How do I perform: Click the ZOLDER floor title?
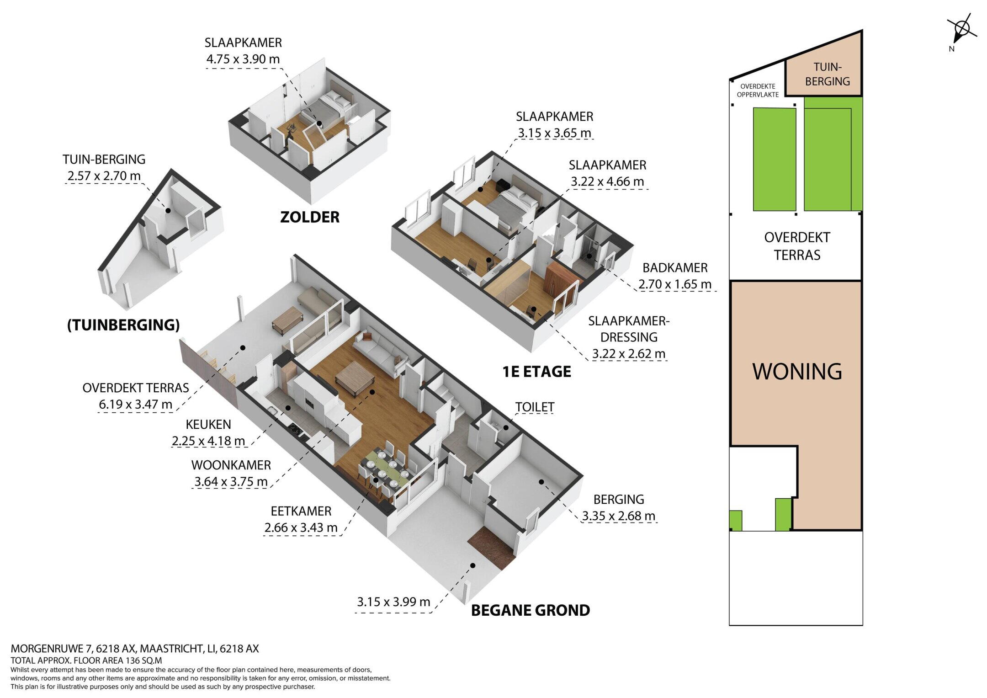click(x=310, y=217)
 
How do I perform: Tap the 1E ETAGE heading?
click(x=537, y=372)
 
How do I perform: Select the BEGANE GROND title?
click(x=531, y=610)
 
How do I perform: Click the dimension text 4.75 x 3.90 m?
click(x=243, y=59)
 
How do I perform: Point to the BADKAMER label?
click(x=675, y=267)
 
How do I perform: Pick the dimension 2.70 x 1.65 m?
click(x=675, y=284)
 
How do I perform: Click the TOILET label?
click(x=535, y=407)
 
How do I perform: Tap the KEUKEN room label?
click(x=208, y=424)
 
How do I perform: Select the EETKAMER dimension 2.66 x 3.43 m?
click(x=301, y=527)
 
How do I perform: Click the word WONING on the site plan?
click(x=797, y=371)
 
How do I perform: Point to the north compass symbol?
click(x=961, y=30)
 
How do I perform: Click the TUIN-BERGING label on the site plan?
click(x=828, y=74)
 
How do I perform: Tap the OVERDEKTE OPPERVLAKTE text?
click(x=758, y=90)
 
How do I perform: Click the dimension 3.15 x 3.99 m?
click(x=393, y=602)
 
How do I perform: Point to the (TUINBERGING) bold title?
click(x=123, y=325)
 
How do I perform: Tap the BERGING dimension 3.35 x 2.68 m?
click(x=619, y=516)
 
